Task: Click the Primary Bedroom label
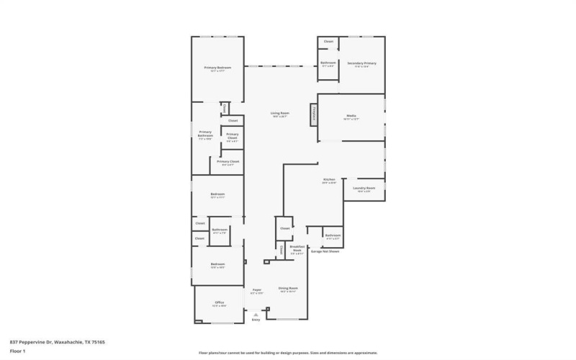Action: tap(217, 68)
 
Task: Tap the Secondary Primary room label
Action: tap(361, 64)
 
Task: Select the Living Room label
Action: tap(279, 114)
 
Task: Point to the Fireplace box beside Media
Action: tap(314, 114)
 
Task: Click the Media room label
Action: tap(351, 117)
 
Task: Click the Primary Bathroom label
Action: tap(205, 135)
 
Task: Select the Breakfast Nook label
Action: tap(296, 249)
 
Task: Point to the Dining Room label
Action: tap(288, 289)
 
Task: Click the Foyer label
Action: tap(256, 291)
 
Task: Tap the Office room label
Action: tap(220, 303)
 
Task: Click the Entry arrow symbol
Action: tap(255, 315)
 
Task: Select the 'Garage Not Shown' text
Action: tap(324, 251)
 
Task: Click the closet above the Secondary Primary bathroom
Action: tap(328, 42)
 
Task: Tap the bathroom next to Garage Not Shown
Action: tap(332, 236)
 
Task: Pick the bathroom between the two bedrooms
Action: tap(219, 231)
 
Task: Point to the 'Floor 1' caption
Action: tap(17, 352)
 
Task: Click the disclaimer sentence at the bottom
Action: tap(288, 354)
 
